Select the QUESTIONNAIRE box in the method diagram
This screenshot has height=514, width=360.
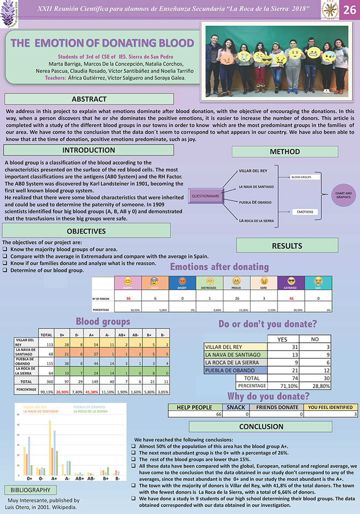point(206,196)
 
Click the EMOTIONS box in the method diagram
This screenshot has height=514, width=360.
point(305,212)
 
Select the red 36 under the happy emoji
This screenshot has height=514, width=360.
point(129,298)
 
